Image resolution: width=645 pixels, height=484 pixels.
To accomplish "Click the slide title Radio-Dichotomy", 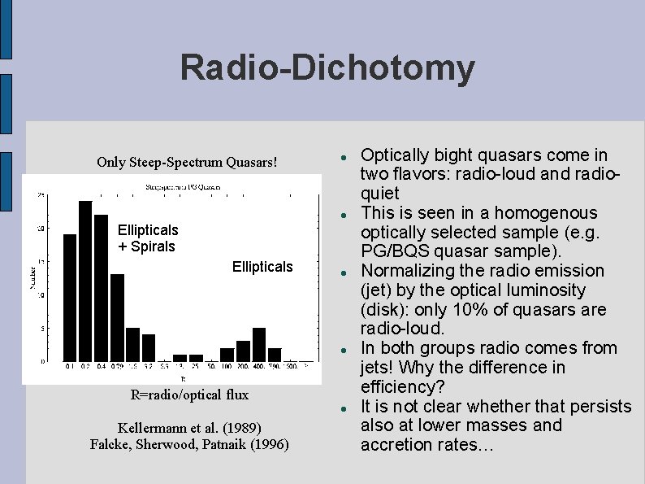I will tap(327, 68).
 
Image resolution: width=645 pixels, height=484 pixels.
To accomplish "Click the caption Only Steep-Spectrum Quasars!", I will tap(187, 162).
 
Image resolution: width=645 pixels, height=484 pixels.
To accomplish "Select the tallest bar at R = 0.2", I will tap(85, 280).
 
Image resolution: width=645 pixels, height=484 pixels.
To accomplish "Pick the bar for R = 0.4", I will tap(101, 287).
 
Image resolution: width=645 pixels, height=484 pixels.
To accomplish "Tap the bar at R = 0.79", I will tap(117, 317).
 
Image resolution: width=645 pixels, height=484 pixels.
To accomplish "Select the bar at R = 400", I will tap(259, 344).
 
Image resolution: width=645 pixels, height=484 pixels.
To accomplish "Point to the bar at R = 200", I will tap(243, 351).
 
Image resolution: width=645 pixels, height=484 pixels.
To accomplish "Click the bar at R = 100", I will tap(227, 354).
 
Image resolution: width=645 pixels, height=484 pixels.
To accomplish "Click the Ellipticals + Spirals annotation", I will tap(148, 238).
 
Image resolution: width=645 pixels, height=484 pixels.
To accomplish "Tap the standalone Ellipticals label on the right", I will tap(262, 267).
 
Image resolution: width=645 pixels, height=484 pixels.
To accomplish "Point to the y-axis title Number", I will tap(33, 277).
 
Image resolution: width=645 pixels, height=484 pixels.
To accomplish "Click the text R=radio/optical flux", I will tap(189, 395).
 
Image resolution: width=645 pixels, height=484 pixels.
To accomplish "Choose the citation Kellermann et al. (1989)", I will tap(189, 427).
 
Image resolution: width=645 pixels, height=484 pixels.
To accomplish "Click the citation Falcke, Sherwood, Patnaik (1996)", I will tap(189, 443).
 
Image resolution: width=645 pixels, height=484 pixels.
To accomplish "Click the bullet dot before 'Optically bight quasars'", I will tap(344, 155).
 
